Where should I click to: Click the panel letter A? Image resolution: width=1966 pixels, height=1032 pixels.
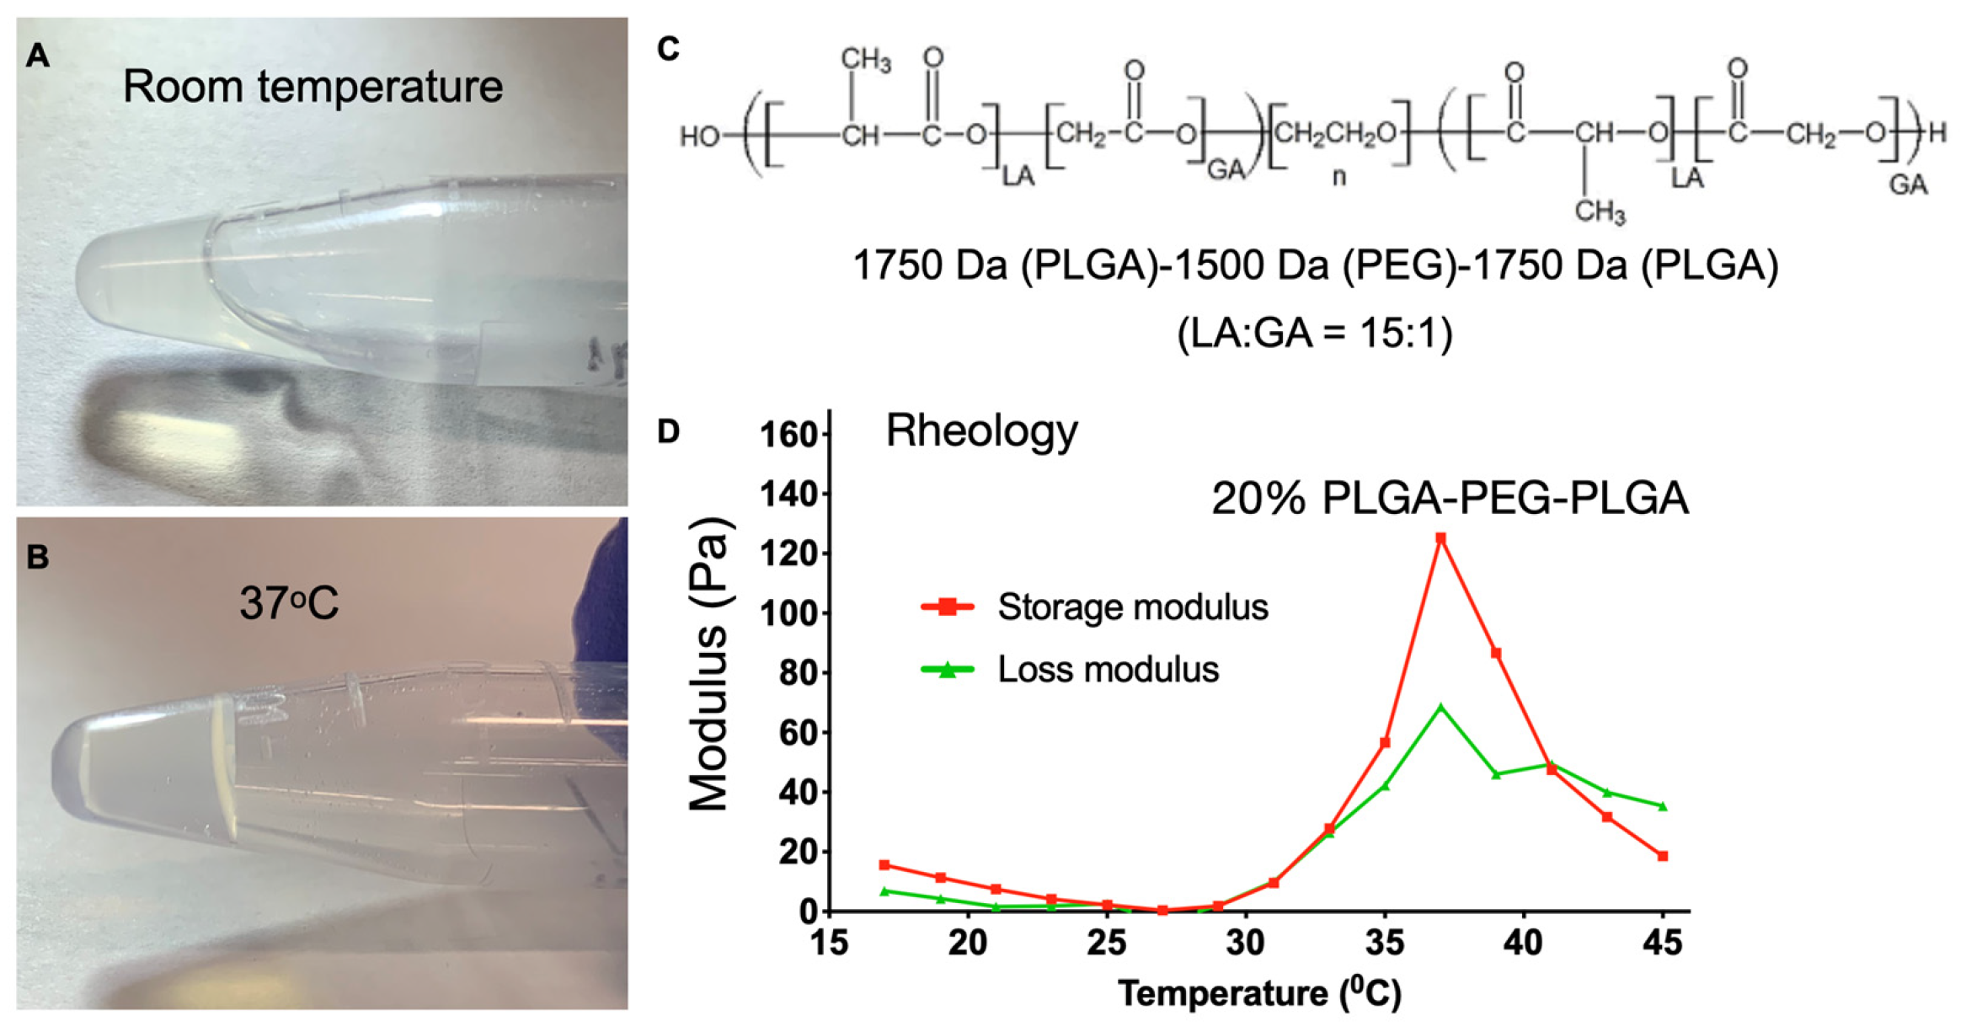tap(38, 56)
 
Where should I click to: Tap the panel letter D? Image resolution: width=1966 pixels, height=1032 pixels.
tap(668, 431)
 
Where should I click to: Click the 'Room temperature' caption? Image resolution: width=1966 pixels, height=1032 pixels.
tap(313, 87)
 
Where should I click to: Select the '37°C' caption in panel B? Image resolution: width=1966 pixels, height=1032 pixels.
tap(289, 603)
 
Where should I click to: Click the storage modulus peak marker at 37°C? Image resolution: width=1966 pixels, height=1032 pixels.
tap(1440, 537)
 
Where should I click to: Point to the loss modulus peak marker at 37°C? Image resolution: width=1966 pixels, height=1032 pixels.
tap(1440, 708)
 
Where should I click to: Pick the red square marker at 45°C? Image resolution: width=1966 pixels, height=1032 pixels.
tap(1663, 856)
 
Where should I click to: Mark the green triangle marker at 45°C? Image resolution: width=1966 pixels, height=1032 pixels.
tap(1663, 806)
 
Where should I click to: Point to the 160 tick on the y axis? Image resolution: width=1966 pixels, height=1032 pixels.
tap(788, 436)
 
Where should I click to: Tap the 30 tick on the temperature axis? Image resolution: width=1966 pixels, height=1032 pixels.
tap(1245, 942)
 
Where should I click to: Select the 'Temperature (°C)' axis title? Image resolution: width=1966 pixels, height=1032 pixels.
tap(1259, 992)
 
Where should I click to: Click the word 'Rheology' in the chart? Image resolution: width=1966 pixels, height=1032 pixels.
tap(981, 431)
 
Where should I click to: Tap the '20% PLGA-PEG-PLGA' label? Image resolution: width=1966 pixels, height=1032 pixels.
tap(1450, 498)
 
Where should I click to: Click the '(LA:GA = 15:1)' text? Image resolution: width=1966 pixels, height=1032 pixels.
tap(1314, 334)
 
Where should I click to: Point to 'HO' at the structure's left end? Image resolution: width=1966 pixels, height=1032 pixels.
tap(699, 136)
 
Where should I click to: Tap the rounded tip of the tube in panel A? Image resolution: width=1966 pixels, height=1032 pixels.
tap(84, 274)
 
